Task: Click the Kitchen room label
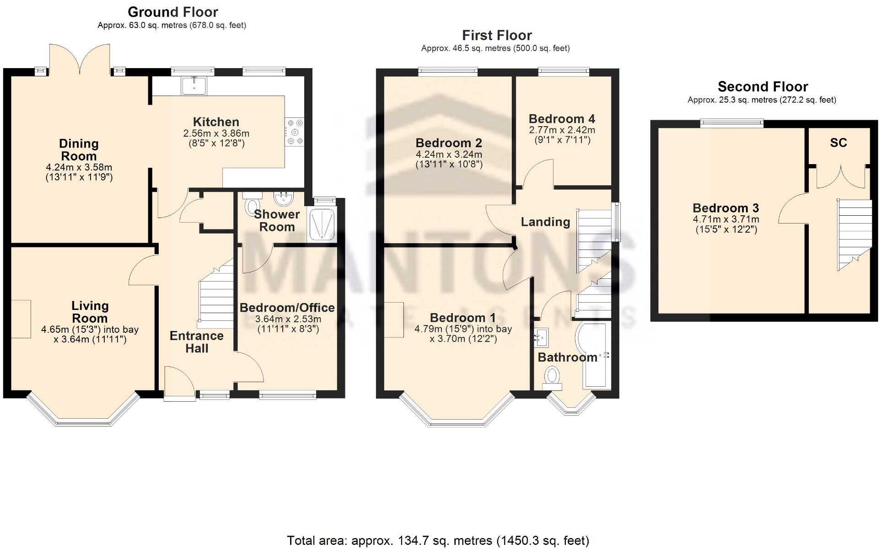pos(216,122)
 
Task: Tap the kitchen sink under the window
pos(194,85)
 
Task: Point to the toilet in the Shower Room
pos(252,206)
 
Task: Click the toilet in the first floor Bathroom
pos(552,378)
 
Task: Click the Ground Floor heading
pos(172,12)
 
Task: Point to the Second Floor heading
pos(763,86)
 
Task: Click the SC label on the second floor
pos(838,143)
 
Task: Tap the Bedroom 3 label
pos(726,208)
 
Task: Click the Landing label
pos(545,222)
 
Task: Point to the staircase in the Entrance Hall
pos(216,297)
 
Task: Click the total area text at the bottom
pos(438,541)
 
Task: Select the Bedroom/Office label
pos(287,308)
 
